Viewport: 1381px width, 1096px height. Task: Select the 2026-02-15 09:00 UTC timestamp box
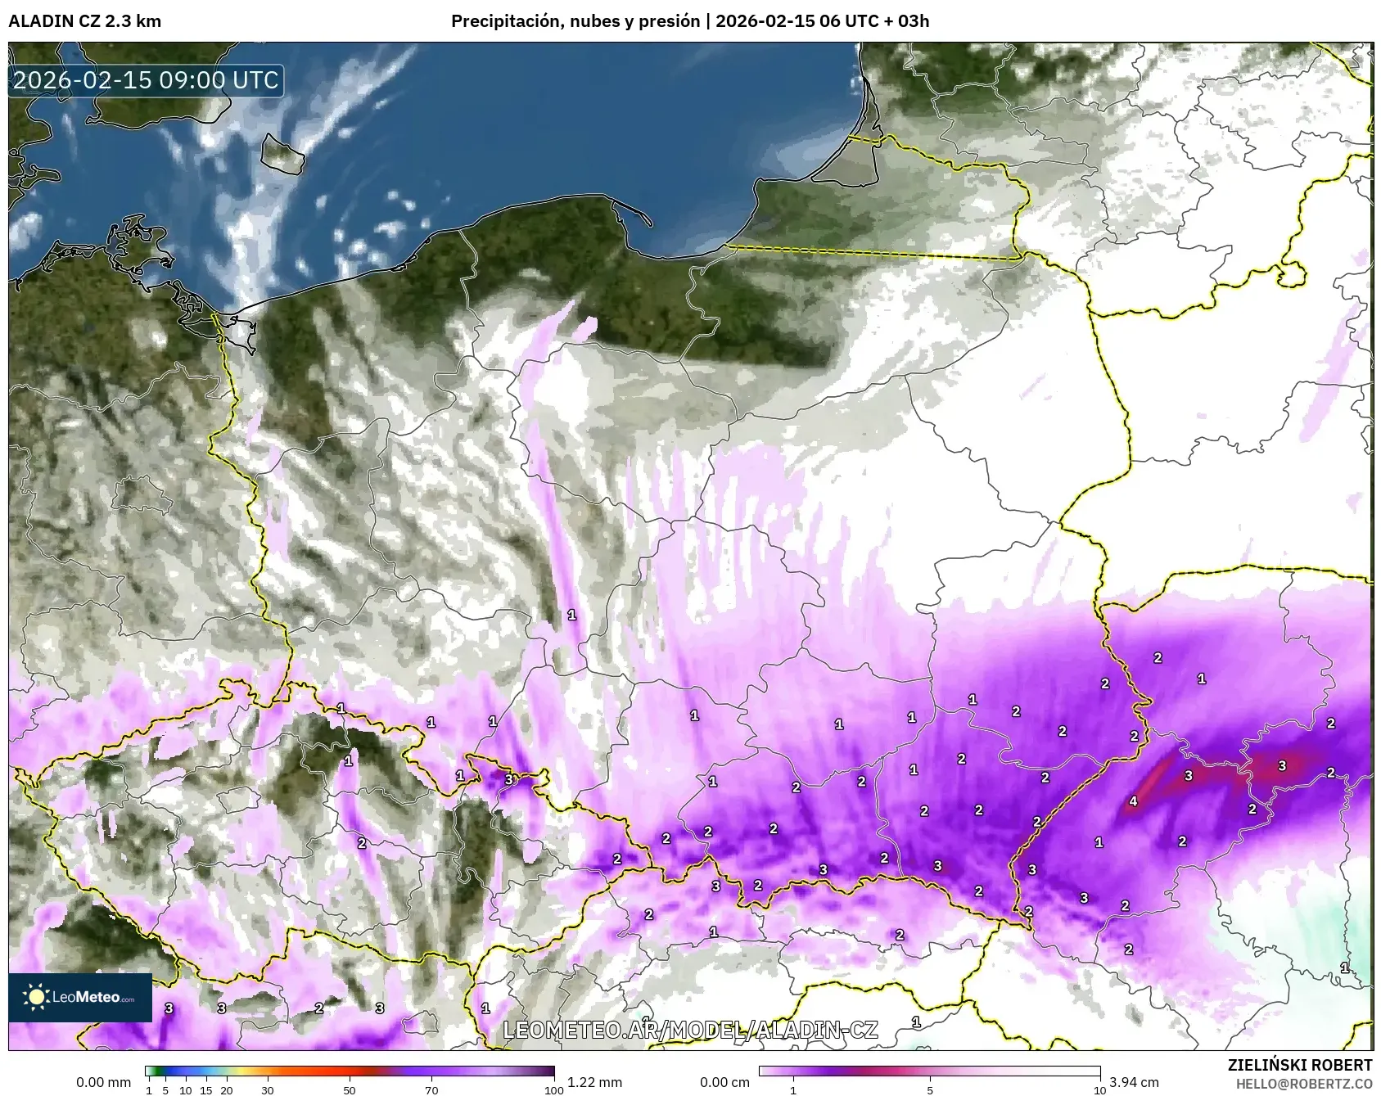146,80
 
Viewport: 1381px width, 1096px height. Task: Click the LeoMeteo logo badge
80,997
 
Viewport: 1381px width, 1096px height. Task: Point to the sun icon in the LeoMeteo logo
36,997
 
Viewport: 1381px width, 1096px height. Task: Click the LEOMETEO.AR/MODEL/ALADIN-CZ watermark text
690,1030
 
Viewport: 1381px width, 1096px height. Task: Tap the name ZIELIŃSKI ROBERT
1300,1065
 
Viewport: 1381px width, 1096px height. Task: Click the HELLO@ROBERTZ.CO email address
1304,1084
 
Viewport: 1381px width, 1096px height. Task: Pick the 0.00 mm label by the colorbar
103,1082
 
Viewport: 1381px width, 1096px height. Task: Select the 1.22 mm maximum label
595,1082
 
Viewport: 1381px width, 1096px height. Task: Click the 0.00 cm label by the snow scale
725,1082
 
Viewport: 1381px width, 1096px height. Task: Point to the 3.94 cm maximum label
1135,1082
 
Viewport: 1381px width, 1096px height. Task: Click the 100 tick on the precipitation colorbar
554,1089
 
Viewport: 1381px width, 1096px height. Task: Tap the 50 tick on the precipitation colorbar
350,1089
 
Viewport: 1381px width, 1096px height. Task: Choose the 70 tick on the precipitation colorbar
431,1089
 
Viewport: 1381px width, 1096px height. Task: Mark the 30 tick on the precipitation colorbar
268,1089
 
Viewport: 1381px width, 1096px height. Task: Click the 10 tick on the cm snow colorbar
1099,1089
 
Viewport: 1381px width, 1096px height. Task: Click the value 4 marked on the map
1133,801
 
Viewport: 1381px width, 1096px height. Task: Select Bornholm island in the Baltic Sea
282,155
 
